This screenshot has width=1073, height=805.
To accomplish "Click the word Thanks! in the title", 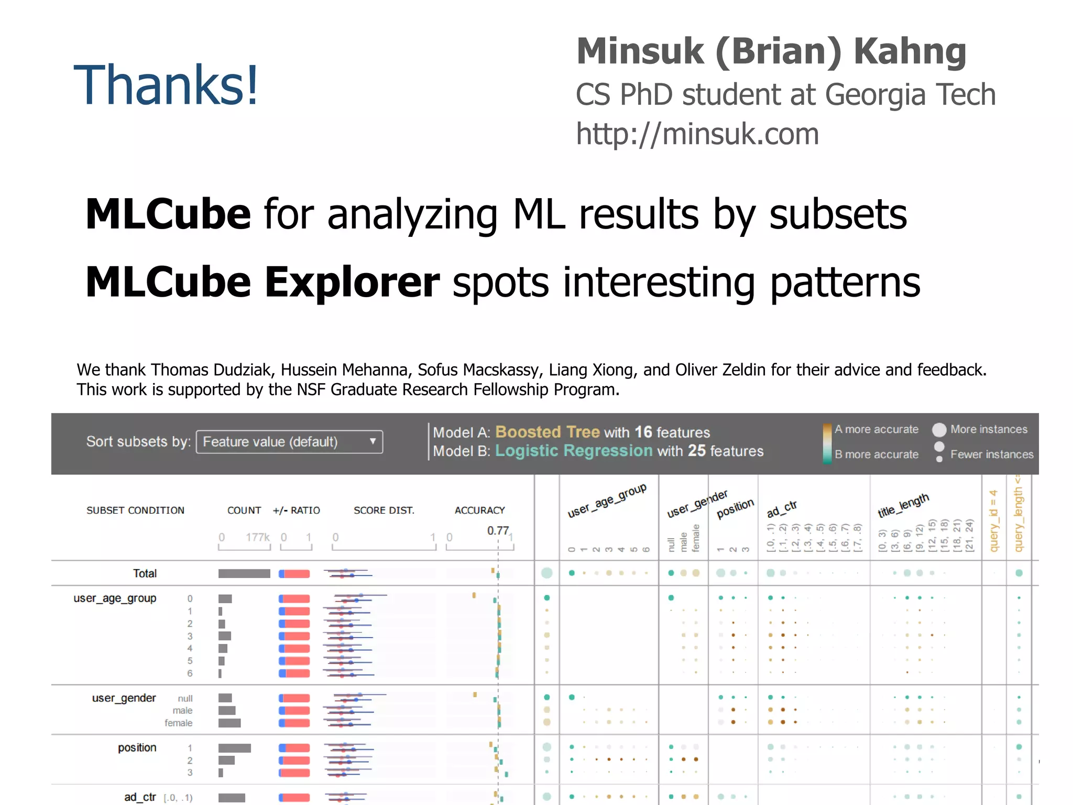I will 166,85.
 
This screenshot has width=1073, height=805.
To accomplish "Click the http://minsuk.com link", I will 697,134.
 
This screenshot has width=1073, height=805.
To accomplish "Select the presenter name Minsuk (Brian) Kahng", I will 771,51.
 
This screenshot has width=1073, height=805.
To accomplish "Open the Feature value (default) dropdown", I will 289,442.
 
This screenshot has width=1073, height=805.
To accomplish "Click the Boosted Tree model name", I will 547,432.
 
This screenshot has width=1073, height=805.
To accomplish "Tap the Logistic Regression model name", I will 574,451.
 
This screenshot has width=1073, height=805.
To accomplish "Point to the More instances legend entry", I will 988,429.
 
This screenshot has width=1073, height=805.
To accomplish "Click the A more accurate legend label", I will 876,429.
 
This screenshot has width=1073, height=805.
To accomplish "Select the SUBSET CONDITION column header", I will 135,510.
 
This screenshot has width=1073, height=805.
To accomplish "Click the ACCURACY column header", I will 479,510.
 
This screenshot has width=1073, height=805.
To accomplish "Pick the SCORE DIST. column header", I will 384,510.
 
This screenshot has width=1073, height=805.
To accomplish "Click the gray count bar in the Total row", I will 244,573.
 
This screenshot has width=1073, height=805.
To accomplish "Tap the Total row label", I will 145,573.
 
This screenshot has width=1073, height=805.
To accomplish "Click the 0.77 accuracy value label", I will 498,530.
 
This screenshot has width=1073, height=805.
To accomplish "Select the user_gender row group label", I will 124,698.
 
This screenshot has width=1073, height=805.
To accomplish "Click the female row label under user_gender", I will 178,723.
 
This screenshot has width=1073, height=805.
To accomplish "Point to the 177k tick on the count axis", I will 257,537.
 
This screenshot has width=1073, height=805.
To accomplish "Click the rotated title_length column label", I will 903,505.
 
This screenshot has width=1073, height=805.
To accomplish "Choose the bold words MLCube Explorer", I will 262,282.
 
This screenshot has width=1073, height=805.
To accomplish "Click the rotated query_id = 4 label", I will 993,520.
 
